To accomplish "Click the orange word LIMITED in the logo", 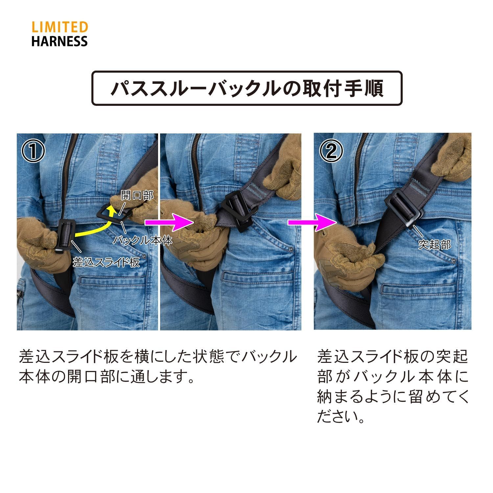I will point(59,27).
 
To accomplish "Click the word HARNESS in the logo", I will point(59,41).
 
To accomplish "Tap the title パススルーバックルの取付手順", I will point(246,88).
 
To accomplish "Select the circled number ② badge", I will point(331,151).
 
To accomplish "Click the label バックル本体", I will point(143,240).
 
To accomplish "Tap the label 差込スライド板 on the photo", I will point(106,262).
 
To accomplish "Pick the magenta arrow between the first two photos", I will point(170,223).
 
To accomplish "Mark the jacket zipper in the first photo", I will point(69,171).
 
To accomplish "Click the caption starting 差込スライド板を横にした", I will point(158,366).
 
